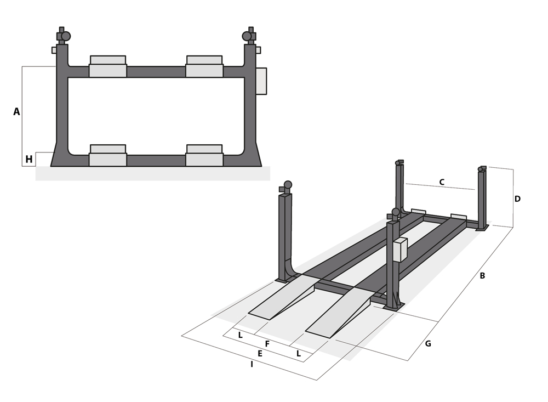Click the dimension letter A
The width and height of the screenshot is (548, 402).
[16, 112]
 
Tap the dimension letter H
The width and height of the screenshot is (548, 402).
[29, 160]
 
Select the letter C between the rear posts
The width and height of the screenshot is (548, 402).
[442, 182]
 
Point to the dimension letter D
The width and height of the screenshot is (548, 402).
[517, 199]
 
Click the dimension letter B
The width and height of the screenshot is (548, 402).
[482, 276]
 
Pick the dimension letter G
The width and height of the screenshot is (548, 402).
[428, 344]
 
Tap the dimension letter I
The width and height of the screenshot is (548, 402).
[252, 364]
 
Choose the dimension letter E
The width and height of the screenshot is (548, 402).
[260, 354]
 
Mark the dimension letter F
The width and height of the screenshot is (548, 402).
[267, 344]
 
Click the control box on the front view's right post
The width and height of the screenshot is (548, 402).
[261, 81]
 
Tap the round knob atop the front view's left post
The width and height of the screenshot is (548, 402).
[66, 36]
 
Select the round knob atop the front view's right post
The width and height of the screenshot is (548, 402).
[247, 36]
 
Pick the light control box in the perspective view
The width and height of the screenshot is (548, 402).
[400, 250]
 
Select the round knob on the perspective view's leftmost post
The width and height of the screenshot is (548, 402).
[288, 185]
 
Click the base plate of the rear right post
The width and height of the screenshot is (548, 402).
[482, 228]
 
